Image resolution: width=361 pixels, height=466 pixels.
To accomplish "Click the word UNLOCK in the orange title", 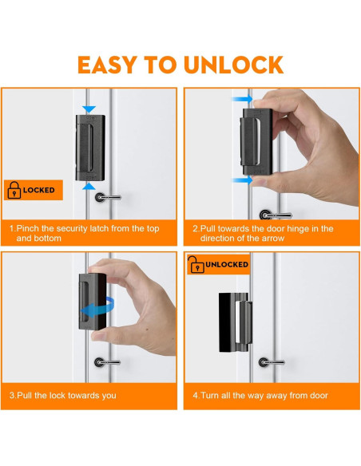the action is coord(233,65).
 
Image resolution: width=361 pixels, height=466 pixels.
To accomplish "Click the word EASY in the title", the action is coord(107,65).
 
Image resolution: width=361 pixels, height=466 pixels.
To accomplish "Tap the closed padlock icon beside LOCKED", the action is coord(14,190).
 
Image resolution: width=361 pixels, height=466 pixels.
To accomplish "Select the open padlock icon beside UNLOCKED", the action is coord(196,264).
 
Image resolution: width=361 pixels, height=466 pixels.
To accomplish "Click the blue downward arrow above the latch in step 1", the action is coord(89,109).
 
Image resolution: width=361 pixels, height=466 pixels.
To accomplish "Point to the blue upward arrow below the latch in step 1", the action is coord(89,187).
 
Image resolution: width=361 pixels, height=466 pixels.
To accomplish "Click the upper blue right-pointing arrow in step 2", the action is coord(242,99).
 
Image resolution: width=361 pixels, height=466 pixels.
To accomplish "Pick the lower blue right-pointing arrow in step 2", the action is coord(242,180).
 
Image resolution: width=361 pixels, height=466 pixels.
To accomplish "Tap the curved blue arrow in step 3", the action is coord(98,308).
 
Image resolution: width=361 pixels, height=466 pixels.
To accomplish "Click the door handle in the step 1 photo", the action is coord(107,197).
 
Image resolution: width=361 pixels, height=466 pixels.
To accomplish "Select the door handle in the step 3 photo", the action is coord(107,362).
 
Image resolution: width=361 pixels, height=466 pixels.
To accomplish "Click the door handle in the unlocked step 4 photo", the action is coord(272,362).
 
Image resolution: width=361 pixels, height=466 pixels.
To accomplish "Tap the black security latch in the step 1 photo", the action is coord(90,148).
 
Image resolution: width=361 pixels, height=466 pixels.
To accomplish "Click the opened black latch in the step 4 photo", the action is coord(236,322).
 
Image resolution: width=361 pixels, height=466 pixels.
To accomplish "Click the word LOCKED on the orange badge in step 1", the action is coord(39,190).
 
